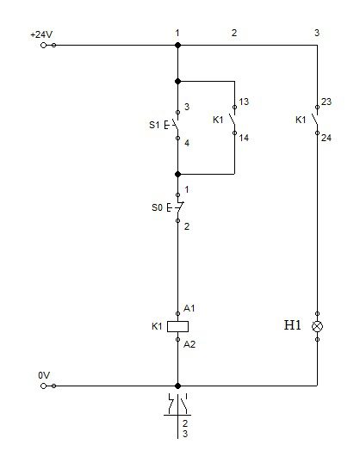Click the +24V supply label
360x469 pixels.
(41, 34)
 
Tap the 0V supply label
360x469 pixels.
(44, 375)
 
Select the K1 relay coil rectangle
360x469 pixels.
(177, 327)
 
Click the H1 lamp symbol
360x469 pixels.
(317, 326)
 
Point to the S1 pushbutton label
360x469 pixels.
(154, 125)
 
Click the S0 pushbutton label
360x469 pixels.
(157, 207)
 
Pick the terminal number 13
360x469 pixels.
(244, 102)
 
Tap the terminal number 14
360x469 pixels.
(244, 138)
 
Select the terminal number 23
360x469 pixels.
(326, 102)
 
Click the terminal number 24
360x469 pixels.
(326, 138)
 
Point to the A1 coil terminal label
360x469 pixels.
(189, 308)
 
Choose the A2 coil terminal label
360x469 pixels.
(189, 344)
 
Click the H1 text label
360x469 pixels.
(292, 325)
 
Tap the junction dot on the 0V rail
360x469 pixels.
(177, 386)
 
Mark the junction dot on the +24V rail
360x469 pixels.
(177, 45)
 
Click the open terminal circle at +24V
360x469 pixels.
(43, 45)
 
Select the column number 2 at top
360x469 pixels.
(234, 33)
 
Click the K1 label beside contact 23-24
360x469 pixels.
(301, 120)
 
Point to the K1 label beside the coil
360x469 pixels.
(157, 326)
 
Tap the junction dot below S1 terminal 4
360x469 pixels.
(177, 174)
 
